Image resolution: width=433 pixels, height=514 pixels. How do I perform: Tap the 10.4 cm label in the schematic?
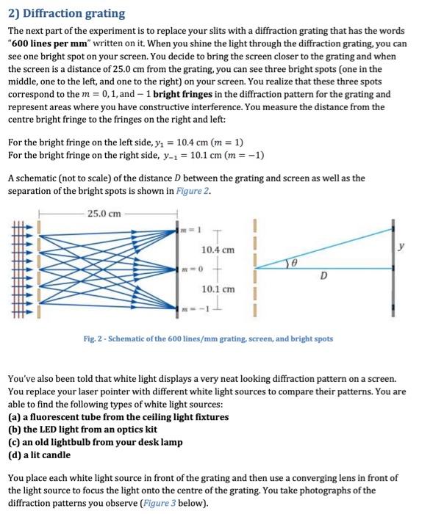pos(218,250)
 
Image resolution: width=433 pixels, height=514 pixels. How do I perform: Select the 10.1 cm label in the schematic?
pos(218,289)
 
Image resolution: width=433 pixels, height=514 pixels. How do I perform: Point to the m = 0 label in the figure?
pos(191,269)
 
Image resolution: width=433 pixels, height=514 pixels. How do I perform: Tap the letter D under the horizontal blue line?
pos(323,278)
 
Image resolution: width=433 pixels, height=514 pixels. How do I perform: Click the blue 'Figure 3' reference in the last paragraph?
pos(176,503)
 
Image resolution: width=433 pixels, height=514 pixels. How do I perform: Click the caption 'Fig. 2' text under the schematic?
pos(208,339)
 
